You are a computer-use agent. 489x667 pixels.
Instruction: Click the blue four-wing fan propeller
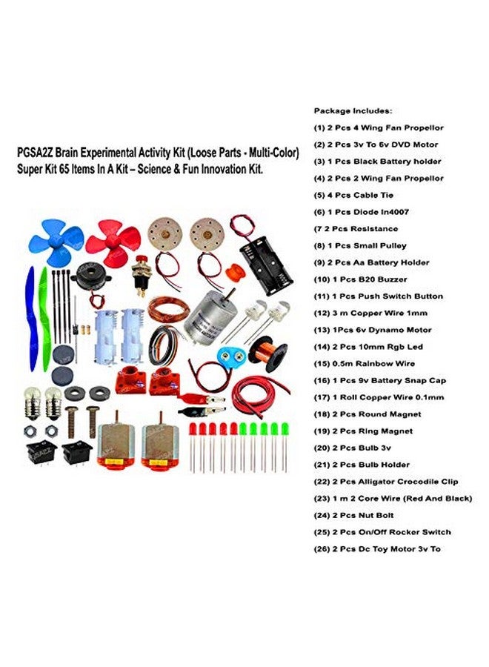(x=56, y=242)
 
